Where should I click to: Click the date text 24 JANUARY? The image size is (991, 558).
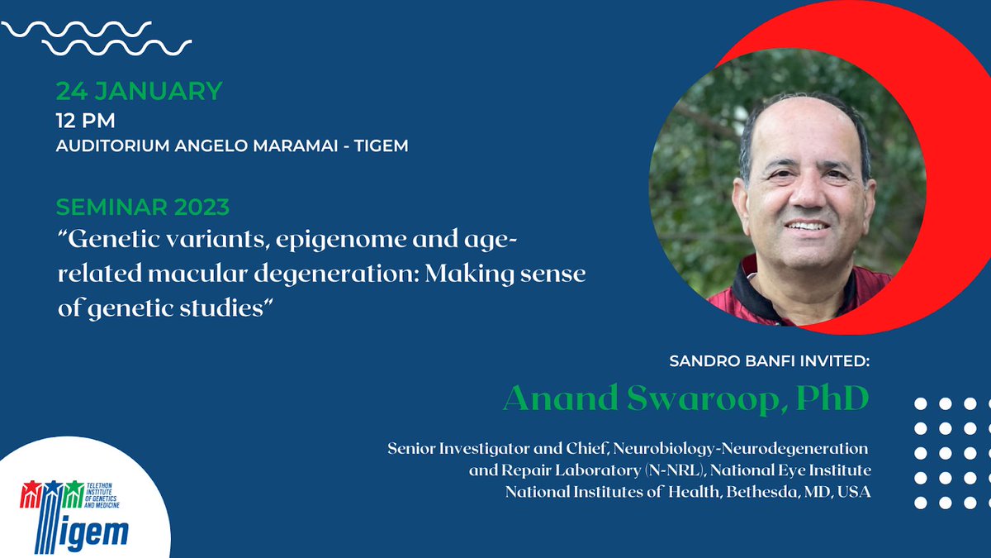click(139, 90)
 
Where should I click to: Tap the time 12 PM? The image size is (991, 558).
click(85, 120)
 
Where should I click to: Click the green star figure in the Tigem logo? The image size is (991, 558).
click(75, 489)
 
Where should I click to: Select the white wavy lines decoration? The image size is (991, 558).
click(95, 38)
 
